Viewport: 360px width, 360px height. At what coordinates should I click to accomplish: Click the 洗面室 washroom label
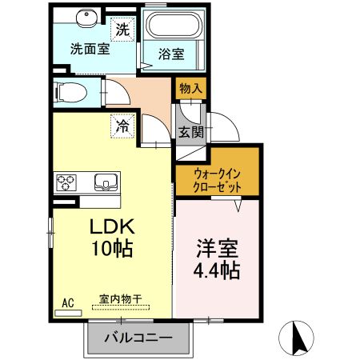(x=90, y=48)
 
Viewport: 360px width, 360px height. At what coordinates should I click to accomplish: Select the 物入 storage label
(x=190, y=89)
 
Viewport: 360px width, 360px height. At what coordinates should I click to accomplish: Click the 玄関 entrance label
(x=190, y=132)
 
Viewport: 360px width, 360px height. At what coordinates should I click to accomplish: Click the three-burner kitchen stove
(x=66, y=182)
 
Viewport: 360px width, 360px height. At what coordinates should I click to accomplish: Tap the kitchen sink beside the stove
(x=105, y=182)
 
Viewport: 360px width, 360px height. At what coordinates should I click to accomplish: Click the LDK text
(x=111, y=225)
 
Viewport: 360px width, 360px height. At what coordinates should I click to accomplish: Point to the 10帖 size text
(x=111, y=248)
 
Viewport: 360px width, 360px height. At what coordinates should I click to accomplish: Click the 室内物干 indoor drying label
(x=120, y=299)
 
